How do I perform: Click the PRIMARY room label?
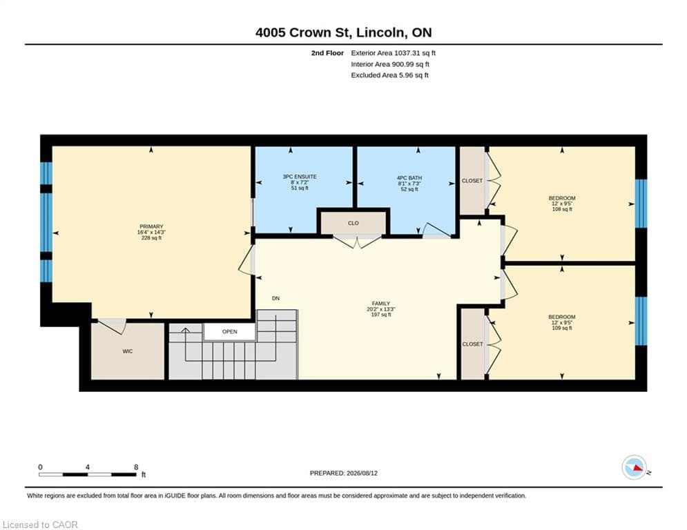tap(152, 226)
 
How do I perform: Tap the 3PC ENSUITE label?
tap(300, 177)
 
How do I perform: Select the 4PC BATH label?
tap(409, 178)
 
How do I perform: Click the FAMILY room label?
tap(380, 304)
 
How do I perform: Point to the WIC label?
tap(128, 351)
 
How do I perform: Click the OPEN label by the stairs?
tap(230, 331)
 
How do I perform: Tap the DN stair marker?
tap(275, 298)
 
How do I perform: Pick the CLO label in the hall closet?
tap(354, 223)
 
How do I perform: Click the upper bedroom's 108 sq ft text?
tap(562, 209)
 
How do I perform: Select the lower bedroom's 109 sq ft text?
tap(562, 328)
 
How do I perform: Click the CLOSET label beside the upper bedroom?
tap(472, 181)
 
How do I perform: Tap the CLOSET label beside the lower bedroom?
tap(472, 344)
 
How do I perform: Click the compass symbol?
tap(635, 468)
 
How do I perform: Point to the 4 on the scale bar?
tap(88, 467)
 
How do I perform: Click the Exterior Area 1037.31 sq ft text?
tap(393, 53)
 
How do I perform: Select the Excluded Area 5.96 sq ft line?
tap(389, 75)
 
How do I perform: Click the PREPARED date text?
tap(344, 473)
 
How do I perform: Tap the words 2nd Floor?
tap(327, 53)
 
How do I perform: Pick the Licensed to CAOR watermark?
tap(40, 524)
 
